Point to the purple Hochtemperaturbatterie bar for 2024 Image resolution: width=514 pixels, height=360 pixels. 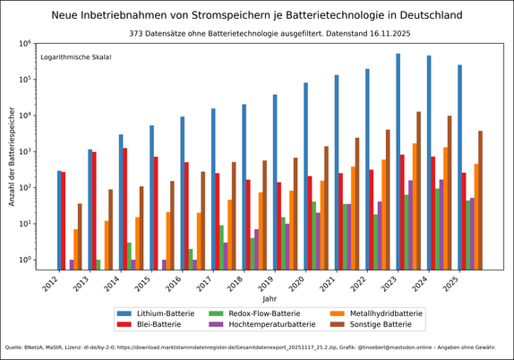point(441,225)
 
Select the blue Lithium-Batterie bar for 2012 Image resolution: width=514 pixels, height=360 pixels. point(59,220)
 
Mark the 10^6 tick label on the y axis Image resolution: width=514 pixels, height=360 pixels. point(25,43)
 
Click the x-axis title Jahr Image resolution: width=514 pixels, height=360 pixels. point(270,298)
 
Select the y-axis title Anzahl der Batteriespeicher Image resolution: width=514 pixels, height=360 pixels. point(12,156)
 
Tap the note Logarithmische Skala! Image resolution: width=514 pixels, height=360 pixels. point(76,57)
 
